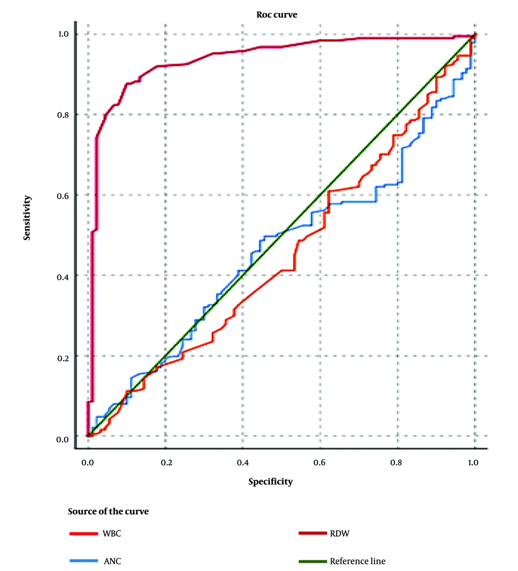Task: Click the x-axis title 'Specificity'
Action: (x=270, y=482)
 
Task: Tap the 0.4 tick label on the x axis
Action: (x=242, y=461)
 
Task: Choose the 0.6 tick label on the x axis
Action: (x=320, y=461)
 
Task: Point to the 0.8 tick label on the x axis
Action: (x=397, y=461)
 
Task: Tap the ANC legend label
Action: (x=110, y=561)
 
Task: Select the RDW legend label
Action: (x=338, y=534)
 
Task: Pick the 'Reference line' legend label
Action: (x=357, y=561)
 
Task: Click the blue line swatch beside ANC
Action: (x=83, y=561)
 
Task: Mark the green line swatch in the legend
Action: (x=313, y=561)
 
